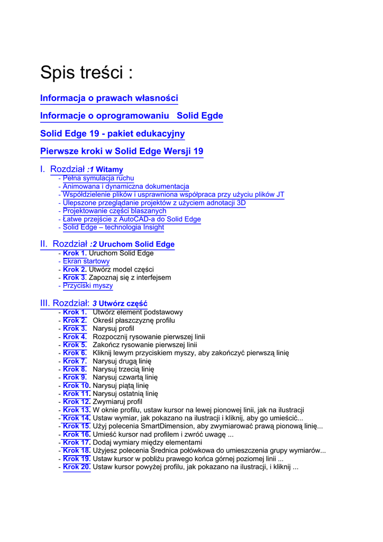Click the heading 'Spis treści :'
click(86, 73)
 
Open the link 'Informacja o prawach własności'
click(109, 98)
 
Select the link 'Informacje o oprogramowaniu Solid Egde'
click(132, 115)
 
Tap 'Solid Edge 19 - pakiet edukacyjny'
click(113, 133)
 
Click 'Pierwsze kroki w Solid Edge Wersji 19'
click(122, 151)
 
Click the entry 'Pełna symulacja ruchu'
click(98, 178)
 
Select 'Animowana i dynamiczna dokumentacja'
click(126, 186)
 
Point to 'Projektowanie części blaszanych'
click(114, 211)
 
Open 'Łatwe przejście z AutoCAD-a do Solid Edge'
click(132, 219)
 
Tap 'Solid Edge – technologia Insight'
click(113, 227)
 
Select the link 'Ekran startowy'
click(86, 261)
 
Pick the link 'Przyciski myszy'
click(88, 286)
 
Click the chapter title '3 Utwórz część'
click(120, 303)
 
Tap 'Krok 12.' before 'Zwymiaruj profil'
click(77, 402)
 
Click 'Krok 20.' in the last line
click(77, 467)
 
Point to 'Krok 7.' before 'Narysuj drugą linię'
click(75, 361)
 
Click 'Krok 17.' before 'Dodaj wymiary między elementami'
click(77, 442)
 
